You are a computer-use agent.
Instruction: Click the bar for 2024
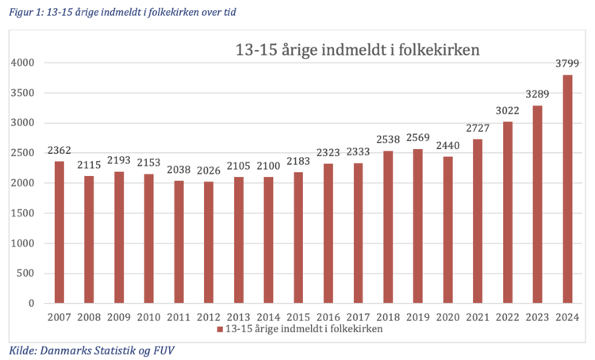(x=567, y=189)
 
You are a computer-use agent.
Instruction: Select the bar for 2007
(x=59, y=232)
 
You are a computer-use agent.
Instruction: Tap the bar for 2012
(x=209, y=242)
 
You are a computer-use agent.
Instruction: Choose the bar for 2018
(x=388, y=227)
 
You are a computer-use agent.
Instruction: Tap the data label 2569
(x=418, y=140)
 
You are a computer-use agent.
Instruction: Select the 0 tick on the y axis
(x=32, y=304)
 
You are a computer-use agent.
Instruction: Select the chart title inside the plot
(x=357, y=50)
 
